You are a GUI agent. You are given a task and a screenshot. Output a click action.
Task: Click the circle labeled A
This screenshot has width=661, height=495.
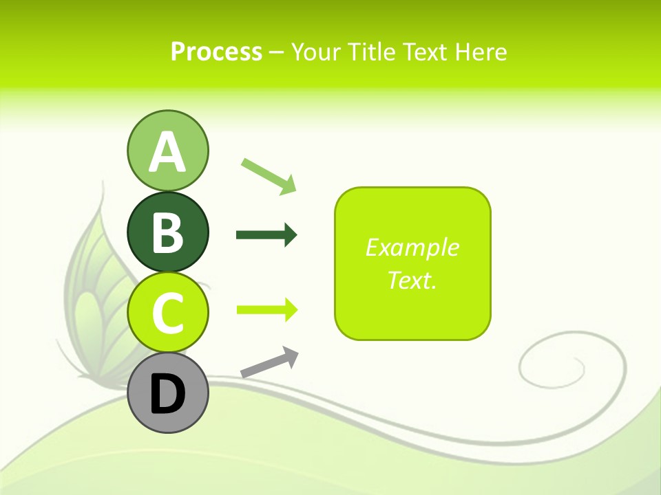pos(167,151)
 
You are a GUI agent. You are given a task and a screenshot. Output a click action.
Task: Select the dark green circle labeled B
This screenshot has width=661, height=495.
pos(167,232)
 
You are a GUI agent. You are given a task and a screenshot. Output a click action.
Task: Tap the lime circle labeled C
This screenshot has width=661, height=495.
pos(167,312)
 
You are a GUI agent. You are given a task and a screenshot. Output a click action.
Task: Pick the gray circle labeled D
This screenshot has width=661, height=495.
pos(167,393)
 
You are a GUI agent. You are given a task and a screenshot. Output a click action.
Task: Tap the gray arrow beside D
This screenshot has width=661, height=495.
pos(269,363)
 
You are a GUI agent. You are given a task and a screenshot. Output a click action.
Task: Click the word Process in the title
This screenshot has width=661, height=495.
pos(216,52)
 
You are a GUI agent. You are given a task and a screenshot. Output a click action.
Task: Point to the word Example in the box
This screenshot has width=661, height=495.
pos(412,247)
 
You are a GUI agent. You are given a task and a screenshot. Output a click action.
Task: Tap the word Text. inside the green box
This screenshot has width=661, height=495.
pos(412,280)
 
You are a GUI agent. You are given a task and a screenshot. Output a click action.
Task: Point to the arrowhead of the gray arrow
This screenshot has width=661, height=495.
pos(290,356)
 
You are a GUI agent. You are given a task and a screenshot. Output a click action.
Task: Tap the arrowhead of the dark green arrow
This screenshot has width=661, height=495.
pos(290,235)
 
